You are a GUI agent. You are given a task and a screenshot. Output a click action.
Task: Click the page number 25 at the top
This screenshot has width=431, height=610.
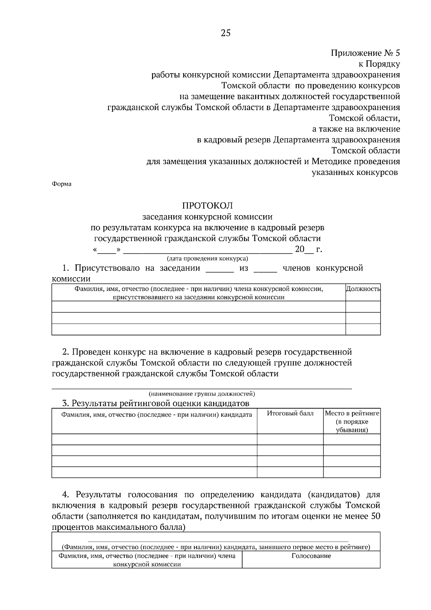tap(225, 33)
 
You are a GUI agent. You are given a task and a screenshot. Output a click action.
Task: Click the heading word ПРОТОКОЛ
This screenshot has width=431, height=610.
tap(208, 206)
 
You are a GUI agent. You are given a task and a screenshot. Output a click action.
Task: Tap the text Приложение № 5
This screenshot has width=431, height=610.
tap(365, 53)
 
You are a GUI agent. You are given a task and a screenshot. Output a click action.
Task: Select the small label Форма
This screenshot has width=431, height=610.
tap(61, 184)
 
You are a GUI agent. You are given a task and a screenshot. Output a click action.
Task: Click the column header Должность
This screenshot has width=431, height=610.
tap(363, 289)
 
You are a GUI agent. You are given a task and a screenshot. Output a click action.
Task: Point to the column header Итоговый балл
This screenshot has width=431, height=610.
tap(290, 413)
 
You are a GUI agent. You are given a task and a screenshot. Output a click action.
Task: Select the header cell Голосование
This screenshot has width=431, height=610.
tap(311, 556)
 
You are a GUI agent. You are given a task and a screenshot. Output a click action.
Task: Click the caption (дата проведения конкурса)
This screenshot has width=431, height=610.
tap(208, 258)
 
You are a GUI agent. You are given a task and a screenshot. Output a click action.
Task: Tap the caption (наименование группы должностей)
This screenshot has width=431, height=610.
tap(202, 394)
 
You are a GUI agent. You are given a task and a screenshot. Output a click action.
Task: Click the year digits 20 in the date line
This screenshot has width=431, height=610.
tap(300, 249)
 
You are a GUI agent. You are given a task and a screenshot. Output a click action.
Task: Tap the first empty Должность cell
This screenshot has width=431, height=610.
tap(363, 307)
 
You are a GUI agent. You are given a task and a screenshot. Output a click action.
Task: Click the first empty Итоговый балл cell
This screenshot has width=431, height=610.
tap(290, 439)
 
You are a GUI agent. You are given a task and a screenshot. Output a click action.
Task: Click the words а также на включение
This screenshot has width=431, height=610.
tap(356, 129)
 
